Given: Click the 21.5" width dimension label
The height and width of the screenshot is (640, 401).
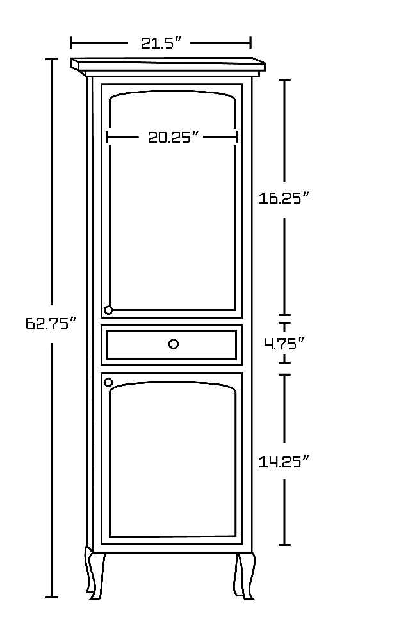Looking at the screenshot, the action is coord(161,43).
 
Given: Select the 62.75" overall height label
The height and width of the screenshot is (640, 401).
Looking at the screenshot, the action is coord(51,323).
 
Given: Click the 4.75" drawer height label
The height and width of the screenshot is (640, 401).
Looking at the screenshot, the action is coord(284,344).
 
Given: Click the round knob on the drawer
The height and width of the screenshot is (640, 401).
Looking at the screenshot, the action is coord(174,344).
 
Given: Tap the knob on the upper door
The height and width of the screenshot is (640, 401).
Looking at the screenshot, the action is coord(108,310).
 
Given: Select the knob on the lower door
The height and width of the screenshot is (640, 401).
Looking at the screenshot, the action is coord(108,383).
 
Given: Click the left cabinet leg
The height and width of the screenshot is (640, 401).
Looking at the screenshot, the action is coord(94,573).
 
